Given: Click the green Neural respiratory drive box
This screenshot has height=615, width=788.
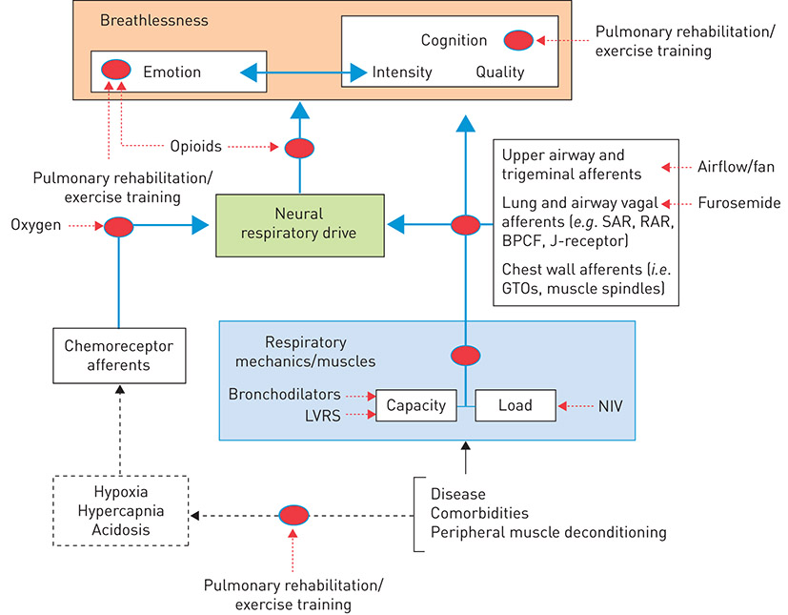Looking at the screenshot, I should pyautogui.click(x=300, y=225).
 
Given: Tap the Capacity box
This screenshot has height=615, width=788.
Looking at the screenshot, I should pyautogui.click(x=416, y=405).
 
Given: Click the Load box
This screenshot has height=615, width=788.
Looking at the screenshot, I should pyautogui.click(x=515, y=405).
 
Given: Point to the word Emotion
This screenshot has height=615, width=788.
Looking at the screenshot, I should pyautogui.click(x=172, y=72).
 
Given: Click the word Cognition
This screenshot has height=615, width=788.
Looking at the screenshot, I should pyautogui.click(x=454, y=41).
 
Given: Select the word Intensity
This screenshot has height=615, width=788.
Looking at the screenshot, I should pyautogui.click(x=402, y=72).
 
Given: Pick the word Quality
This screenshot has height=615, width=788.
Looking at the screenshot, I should pyautogui.click(x=500, y=72).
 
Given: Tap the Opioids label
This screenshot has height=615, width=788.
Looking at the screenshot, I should pyautogui.click(x=194, y=146).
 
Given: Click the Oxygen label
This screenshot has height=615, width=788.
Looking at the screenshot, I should pyautogui.click(x=37, y=225).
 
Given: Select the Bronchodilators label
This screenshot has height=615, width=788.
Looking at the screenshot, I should pyautogui.click(x=284, y=394).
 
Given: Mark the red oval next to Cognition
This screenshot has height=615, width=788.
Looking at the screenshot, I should pyautogui.click(x=518, y=40).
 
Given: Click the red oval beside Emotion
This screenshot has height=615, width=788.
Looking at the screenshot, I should pyautogui.click(x=116, y=70).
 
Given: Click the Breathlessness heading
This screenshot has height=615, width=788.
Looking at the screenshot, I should pyautogui.click(x=153, y=20).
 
